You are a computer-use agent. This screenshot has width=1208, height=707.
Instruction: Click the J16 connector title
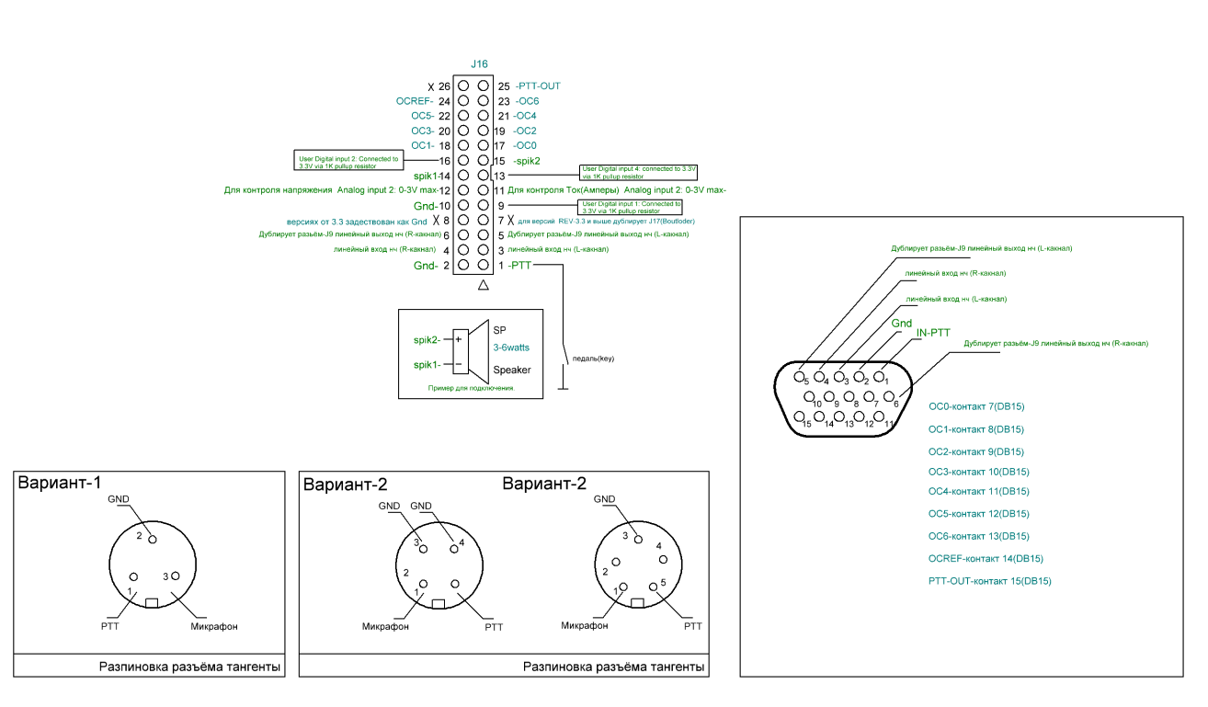point(479,64)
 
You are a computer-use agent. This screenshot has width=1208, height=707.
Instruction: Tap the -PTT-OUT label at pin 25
point(538,86)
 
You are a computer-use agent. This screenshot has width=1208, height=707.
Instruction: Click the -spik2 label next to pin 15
point(527,161)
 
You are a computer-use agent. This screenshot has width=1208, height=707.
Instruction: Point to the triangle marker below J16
point(483,287)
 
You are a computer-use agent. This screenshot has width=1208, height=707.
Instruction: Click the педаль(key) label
point(593,358)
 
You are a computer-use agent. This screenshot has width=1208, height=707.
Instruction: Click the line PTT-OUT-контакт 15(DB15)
point(990,581)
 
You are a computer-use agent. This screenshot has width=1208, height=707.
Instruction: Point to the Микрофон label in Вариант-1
point(214,627)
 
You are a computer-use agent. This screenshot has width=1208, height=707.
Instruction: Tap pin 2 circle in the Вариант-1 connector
point(153,540)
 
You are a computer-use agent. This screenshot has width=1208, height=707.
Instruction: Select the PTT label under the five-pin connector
point(692,625)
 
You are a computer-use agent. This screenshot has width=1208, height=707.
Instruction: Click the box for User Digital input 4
point(639,171)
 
